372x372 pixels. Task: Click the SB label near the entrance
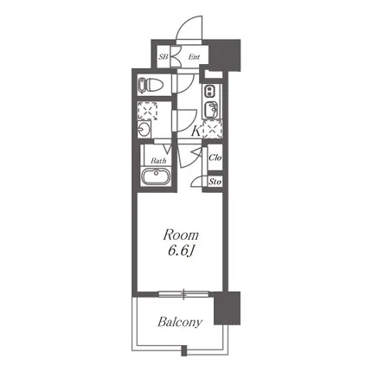[164, 57]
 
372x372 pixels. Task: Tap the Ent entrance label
[194, 57]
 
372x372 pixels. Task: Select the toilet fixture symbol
[151, 85]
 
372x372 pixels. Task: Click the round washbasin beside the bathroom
[144, 129]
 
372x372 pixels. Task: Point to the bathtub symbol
[156, 176]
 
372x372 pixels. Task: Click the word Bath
[158, 161]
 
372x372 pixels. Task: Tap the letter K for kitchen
[196, 131]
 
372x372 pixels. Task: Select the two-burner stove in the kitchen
[208, 92]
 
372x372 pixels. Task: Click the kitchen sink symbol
[211, 110]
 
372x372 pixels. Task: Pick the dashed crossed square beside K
[212, 129]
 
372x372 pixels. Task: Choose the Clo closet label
[215, 157]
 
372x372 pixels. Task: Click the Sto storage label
[215, 182]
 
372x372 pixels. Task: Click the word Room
[181, 235]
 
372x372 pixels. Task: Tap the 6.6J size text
[181, 252]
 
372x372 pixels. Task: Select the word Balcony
[180, 322]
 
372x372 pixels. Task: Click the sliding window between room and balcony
[183, 294]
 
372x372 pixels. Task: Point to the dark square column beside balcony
[227, 308]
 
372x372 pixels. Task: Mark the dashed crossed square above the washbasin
[147, 111]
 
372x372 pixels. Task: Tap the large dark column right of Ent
[224, 55]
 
